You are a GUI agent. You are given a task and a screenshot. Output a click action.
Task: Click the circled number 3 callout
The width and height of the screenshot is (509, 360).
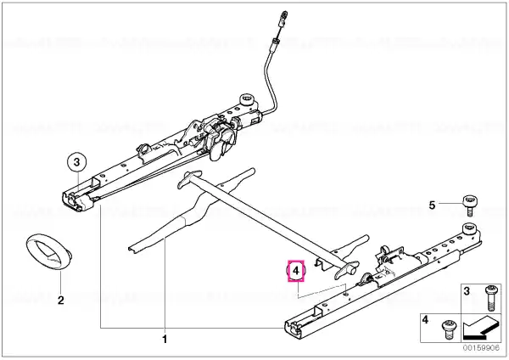pos(76,162)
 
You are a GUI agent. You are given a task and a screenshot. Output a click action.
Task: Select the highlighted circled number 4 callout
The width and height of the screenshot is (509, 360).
pos(296,270)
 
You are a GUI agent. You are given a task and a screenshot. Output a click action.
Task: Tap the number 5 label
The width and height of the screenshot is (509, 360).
pos(432,205)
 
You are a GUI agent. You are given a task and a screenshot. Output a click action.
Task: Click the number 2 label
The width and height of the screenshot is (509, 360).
pos(61,301)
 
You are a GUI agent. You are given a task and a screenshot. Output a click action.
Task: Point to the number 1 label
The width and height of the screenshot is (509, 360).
pos(165,340)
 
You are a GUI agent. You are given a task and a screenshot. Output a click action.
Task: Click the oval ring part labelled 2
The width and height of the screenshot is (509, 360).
pos(48,250)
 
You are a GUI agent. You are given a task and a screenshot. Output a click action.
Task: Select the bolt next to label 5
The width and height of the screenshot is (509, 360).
pos(470,205)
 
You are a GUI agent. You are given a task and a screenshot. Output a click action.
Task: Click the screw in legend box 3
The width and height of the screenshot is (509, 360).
pos(489,298)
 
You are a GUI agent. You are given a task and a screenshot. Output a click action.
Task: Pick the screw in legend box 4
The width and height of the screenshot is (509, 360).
pos(449,329)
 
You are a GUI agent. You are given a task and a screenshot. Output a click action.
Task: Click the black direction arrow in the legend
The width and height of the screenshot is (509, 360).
pos(480,328)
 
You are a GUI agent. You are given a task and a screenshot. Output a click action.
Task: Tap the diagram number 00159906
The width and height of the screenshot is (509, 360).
pos(481,347)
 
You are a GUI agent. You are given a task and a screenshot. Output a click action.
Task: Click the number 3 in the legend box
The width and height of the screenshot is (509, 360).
pos(467,290)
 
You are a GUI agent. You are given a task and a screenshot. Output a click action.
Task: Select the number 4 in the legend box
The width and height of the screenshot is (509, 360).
pos(425,320)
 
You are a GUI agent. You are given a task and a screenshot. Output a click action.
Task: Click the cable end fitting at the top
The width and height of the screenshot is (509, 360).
pos(283,18)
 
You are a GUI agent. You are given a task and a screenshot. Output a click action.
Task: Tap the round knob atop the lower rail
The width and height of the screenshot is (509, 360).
pos(469,228)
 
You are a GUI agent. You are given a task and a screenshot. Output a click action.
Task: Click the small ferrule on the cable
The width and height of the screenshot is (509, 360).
pos(275,44)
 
